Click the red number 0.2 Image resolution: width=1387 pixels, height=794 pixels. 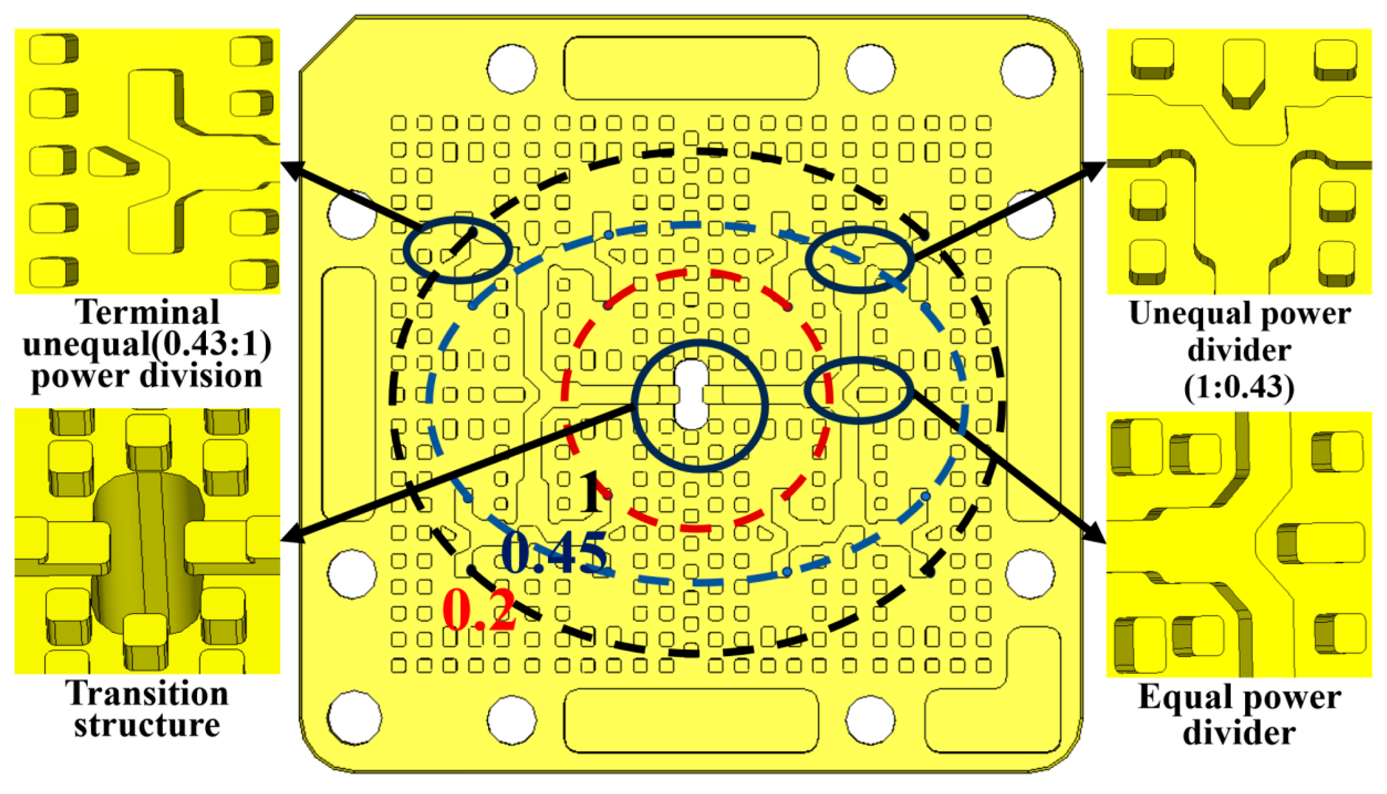coord(480,610)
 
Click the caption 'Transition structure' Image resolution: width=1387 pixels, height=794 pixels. coord(147,709)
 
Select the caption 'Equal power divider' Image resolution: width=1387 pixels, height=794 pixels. coord(1239,714)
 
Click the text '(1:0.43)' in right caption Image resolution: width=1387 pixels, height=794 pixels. coord(1239,388)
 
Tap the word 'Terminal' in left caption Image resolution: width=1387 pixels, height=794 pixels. coord(147,312)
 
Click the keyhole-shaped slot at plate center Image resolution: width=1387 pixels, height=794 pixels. coord(691,394)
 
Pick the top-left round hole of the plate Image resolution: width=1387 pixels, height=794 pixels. coord(511,68)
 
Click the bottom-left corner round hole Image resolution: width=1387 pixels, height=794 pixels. coord(354,718)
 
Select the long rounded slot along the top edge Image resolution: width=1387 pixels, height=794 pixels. coord(691,67)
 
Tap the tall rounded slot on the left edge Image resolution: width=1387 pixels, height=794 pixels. coord(349,394)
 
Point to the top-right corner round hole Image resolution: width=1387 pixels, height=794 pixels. coord(1028,69)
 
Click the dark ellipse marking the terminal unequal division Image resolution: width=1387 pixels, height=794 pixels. coord(457,249)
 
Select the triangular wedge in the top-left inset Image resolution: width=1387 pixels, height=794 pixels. coord(114,161)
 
